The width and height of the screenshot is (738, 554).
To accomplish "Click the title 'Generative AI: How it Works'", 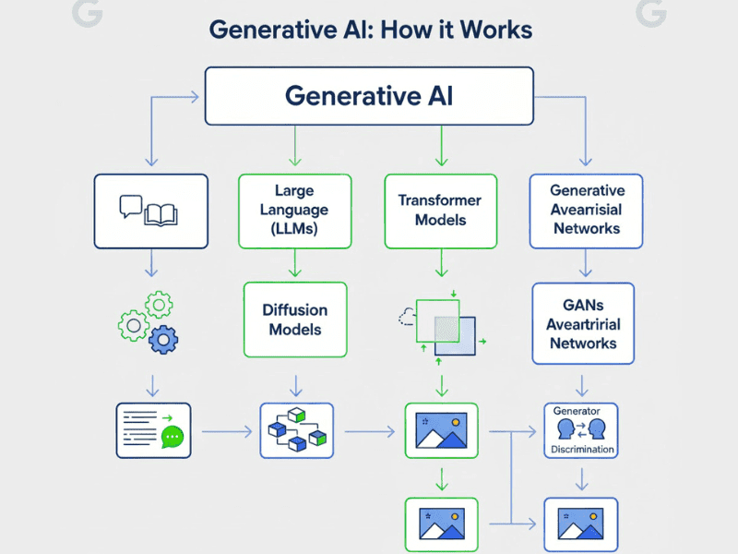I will point(370,29).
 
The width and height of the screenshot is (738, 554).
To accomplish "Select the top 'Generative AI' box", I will point(369,96).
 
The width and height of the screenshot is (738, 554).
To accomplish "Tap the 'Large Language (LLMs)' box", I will point(294,211).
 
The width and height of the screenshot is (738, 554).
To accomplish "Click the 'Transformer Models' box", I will point(440,211).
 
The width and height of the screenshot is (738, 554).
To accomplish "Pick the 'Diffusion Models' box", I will point(294,319).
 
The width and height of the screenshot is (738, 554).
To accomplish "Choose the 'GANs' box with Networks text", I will point(583,323).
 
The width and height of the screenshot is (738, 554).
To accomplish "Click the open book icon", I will point(161,213).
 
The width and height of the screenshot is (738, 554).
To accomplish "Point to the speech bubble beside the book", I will point(130,206).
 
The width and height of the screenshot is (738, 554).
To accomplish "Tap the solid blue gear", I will point(163,340).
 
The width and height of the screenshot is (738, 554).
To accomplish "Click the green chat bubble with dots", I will point(173,437).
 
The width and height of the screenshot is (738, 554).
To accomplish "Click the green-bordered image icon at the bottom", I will point(441,524).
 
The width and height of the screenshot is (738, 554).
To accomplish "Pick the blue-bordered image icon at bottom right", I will point(580,524).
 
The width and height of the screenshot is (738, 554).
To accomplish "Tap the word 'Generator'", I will point(577,410).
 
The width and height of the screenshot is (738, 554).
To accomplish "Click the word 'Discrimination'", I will point(582,450).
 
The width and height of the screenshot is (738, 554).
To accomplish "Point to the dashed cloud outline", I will point(406,318).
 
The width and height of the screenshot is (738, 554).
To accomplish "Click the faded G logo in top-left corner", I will point(85,12).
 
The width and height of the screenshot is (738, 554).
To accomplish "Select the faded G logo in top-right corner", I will point(651,12).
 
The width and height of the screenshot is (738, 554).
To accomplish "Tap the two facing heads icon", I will point(582,429).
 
